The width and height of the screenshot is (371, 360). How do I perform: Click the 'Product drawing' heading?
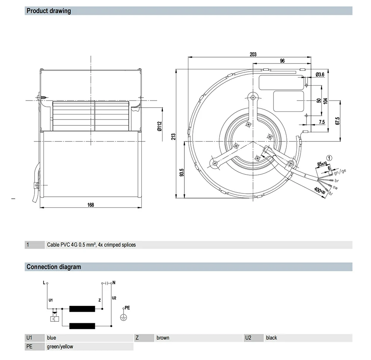tap(49, 11)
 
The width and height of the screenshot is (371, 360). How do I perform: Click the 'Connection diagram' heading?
tap(53, 266)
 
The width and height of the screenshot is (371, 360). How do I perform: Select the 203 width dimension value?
tap(253, 55)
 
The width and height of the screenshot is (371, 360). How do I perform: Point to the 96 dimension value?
tap(282, 61)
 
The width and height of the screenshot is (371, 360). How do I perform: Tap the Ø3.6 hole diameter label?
tap(320, 75)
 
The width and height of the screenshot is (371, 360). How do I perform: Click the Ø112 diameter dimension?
tap(159, 127)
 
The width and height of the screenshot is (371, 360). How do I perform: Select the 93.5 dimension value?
tap(181, 173)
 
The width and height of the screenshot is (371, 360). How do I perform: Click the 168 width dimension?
tap(91, 204)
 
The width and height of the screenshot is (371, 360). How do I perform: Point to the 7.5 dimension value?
tap(321, 122)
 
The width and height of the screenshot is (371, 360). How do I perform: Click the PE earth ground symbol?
tap(124, 317)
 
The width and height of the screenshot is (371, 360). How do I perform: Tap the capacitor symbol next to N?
tap(107, 283)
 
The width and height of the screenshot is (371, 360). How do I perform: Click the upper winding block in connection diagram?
tap(82, 309)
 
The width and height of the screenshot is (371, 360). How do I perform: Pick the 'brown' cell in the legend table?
tap(163, 338)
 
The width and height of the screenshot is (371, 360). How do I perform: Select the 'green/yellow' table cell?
tap(60, 347)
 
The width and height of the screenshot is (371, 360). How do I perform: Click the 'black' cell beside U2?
tap(272, 338)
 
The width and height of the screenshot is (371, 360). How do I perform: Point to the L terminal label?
tap(44, 283)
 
